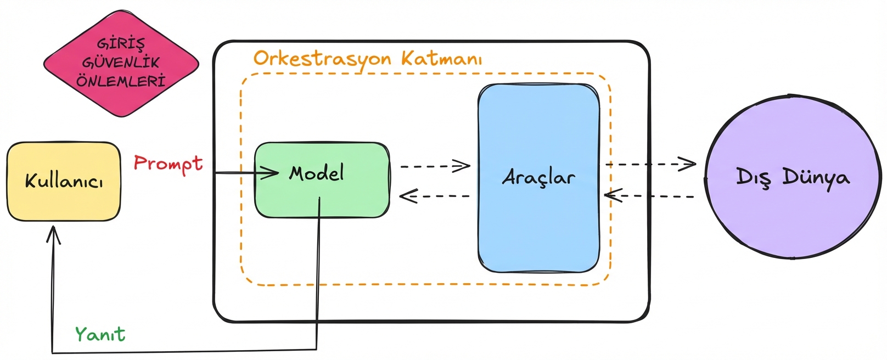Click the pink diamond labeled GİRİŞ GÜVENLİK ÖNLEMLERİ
121,63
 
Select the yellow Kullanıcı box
64,182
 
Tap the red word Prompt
168,164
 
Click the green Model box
322,180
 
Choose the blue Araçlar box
538,178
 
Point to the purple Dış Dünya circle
793,177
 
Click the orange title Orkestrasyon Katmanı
367,59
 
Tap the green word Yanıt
100,334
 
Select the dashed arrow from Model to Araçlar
435,166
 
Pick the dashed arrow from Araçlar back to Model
434,196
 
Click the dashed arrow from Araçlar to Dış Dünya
651,164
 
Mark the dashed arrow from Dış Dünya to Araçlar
650,195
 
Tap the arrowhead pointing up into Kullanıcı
53,235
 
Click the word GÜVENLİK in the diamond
121,63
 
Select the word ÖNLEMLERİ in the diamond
121,82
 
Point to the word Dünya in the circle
816,177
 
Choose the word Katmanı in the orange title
441,58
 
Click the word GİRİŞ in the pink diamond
121,43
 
